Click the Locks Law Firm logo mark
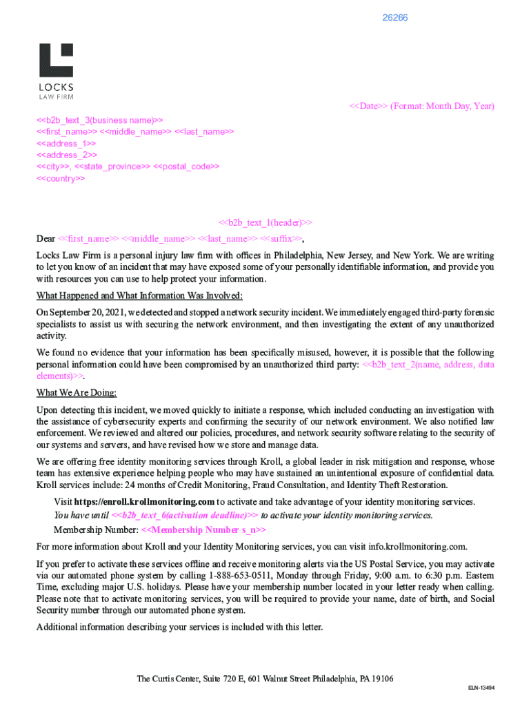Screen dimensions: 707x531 pyautogui.click(x=56, y=60)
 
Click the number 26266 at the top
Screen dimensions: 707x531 pyautogui.click(x=395, y=17)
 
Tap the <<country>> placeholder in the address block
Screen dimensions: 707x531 pyautogui.click(x=61, y=178)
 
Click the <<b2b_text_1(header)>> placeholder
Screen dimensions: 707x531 pyautogui.click(x=265, y=222)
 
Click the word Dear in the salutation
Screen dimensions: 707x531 pyautogui.click(x=46, y=239)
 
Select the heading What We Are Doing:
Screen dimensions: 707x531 pyautogui.click(x=77, y=393)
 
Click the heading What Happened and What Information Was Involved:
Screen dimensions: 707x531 pyautogui.click(x=139, y=296)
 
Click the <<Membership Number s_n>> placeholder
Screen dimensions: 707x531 pyautogui.click(x=203, y=530)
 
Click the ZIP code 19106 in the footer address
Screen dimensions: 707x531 pyautogui.click(x=381, y=679)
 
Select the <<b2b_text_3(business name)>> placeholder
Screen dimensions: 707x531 pyautogui.click(x=100, y=119)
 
